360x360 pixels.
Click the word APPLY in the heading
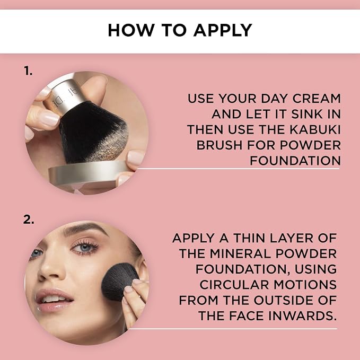(223, 30)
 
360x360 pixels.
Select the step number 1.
(28, 71)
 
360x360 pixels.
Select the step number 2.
(29, 219)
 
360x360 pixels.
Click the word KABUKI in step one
(315, 129)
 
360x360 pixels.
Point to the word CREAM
(317, 99)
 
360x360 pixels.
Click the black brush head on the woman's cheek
(118, 281)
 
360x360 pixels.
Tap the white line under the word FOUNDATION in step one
(238, 169)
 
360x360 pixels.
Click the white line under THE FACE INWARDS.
(233, 329)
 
